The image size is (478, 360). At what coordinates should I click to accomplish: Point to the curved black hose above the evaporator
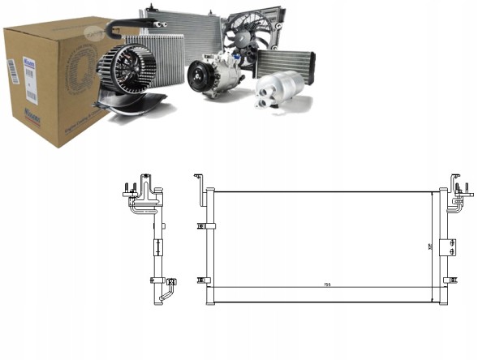click(122, 30)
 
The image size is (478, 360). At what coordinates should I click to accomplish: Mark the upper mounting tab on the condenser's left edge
click(202, 225)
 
